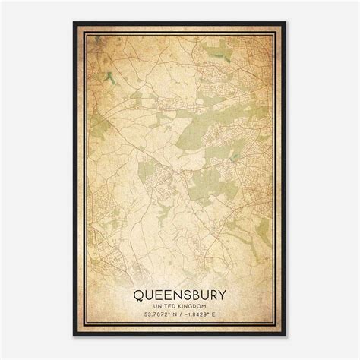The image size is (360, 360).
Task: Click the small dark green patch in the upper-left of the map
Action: pos(110,76)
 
